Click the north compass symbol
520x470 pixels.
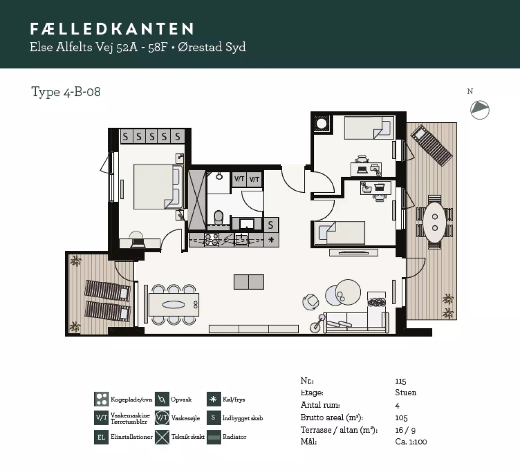[x=479, y=110]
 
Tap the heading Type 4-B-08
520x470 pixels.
[x=66, y=92]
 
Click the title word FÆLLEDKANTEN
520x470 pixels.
[x=112, y=29]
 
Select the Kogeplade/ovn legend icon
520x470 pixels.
[x=101, y=399]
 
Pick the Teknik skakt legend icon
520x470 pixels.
[x=162, y=437]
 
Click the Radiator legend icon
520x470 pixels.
[x=214, y=437]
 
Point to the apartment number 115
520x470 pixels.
[x=400, y=381]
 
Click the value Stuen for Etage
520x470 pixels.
[x=406, y=393]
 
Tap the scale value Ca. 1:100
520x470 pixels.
[x=411, y=442]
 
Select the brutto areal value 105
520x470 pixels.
[x=401, y=418]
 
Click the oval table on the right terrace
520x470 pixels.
[x=435, y=222]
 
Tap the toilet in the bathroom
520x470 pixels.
[x=218, y=217]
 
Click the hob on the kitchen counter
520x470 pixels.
[x=212, y=239]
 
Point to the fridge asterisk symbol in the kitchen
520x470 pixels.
[x=271, y=239]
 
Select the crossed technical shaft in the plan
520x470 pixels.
[x=197, y=199]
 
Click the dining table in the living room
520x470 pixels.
[x=174, y=305]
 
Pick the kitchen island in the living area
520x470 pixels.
[x=249, y=282]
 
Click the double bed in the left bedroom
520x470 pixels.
[x=158, y=187]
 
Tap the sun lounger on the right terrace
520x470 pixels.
[x=431, y=145]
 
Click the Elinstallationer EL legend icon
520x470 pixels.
[x=101, y=437]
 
